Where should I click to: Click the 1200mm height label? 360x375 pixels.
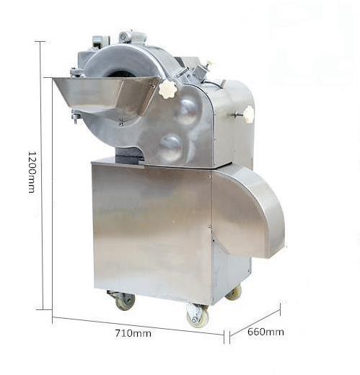click(32, 172)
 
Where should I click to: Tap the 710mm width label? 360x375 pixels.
click(133, 333)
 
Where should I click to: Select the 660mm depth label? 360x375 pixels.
click(265, 332)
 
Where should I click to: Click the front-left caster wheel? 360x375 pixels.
click(124, 301)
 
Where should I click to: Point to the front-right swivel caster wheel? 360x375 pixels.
click(198, 316)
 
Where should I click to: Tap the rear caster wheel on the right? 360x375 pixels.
click(234, 294)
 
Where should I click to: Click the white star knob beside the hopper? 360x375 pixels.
click(167, 88)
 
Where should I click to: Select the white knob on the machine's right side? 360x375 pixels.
click(249, 115)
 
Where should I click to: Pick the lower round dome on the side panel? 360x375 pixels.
click(172, 147)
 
